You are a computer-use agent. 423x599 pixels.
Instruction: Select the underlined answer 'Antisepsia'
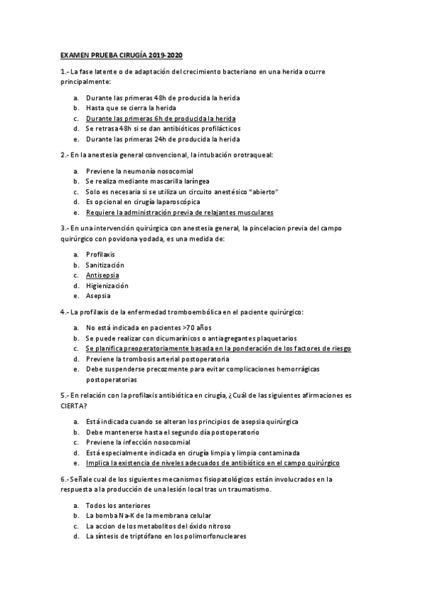(102, 274)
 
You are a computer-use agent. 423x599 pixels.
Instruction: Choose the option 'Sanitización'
(105, 263)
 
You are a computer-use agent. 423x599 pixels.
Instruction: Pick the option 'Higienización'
(107, 285)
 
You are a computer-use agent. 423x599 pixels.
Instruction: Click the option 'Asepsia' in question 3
(99, 296)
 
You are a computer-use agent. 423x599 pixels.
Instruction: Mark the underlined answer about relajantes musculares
(179, 212)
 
